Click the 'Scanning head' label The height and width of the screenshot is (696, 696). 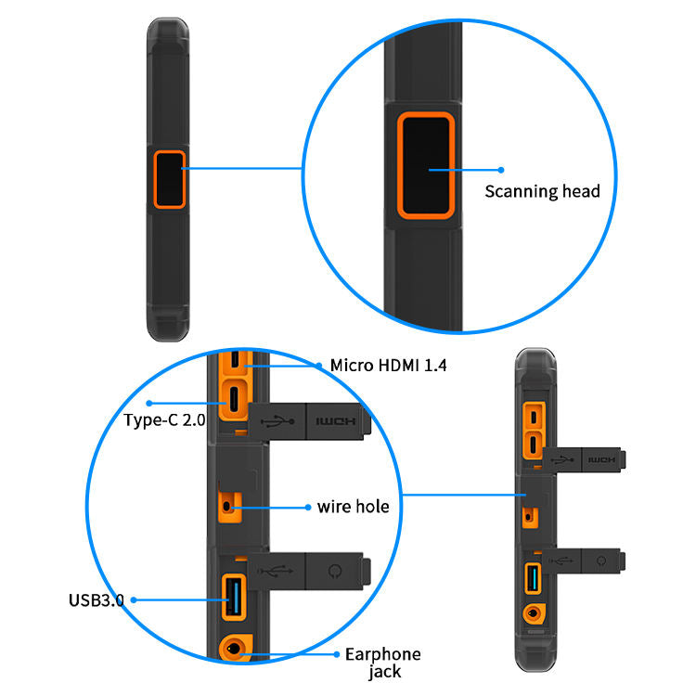(543, 192)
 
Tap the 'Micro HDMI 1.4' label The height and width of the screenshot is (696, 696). (388, 366)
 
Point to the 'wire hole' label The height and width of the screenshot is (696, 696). (353, 507)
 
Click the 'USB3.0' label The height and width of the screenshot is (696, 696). (96, 599)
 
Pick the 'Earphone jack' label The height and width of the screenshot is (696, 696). (382, 663)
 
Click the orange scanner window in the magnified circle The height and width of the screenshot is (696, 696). (426, 164)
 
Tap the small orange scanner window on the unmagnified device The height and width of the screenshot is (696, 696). (170, 179)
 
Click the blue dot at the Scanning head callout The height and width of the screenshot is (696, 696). (500, 170)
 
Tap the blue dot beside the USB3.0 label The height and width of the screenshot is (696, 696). (134, 599)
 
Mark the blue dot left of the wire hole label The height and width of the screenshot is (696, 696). (308, 508)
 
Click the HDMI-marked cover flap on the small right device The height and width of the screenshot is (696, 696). (602, 458)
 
